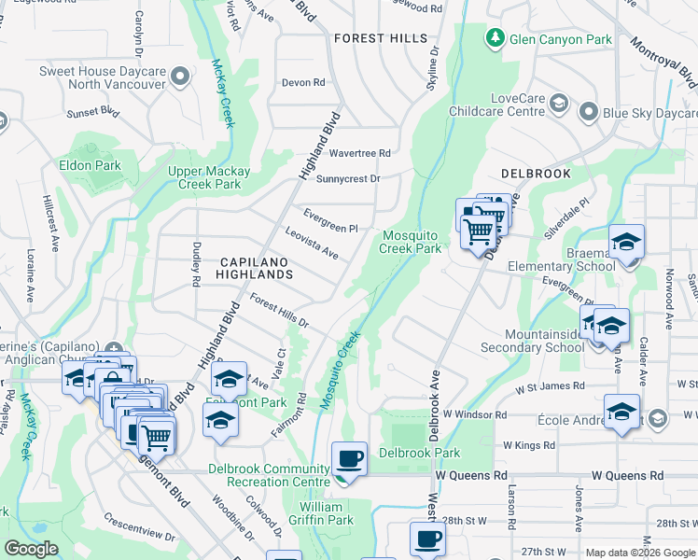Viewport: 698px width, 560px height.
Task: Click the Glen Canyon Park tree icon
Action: (x=494, y=39)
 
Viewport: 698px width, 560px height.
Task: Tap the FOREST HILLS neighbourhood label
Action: (x=380, y=39)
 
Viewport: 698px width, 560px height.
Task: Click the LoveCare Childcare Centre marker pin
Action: (x=558, y=103)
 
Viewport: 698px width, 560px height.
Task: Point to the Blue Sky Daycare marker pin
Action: (x=588, y=113)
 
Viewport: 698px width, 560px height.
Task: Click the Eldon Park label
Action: (x=90, y=165)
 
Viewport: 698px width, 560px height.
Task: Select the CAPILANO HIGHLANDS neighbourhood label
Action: (x=256, y=269)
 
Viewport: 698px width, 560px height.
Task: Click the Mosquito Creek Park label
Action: (x=411, y=242)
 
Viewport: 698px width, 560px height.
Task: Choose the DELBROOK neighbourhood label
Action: (x=535, y=174)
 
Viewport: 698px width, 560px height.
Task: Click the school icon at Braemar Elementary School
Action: (x=626, y=243)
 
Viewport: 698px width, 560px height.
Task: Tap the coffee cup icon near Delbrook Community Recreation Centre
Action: (x=349, y=459)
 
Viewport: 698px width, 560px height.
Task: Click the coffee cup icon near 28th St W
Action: (x=427, y=539)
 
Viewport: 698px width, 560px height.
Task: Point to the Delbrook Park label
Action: (x=420, y=454)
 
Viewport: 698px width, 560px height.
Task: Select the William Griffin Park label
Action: (x=327, y=513)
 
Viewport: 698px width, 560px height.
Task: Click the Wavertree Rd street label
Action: (x=359, y=153)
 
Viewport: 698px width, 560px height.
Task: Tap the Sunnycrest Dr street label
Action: (x=349, y=178)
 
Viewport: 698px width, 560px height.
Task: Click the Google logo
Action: (x=31, y=550)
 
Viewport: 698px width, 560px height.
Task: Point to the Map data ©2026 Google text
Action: (x=639, y=553)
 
